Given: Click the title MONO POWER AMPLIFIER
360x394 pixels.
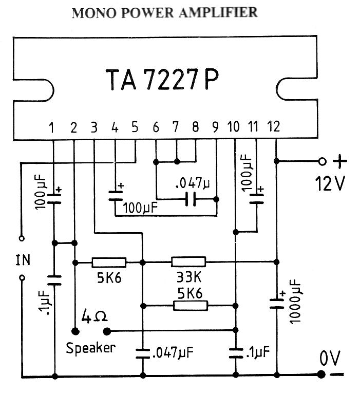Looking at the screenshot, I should click(164, 13).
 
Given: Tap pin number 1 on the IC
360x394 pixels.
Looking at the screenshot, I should click(52, 127).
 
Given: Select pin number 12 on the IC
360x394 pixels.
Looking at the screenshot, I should click(274, 127).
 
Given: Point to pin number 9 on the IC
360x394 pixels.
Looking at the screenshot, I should click(215, 127).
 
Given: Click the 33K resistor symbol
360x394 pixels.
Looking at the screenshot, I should click(188, 262).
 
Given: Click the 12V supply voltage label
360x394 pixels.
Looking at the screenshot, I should click(330, 182).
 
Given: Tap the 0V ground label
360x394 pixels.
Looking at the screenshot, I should click(329, 360).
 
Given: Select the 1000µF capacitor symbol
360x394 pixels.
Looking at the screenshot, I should click(277, 302).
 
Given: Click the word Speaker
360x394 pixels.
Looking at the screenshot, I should click(91, 348).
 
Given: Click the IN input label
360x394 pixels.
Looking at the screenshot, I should click(23, 260).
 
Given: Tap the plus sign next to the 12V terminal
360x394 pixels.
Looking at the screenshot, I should click(340, 161).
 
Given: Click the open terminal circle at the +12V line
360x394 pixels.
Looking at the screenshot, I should click(322, 161).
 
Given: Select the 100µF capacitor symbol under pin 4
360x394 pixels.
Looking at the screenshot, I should click(115, 195).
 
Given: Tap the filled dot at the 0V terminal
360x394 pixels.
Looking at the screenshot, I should click(321, 374).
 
